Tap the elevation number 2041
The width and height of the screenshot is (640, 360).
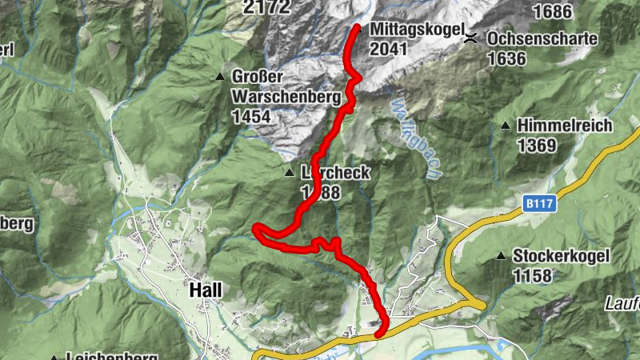389,50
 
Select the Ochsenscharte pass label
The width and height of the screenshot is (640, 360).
542,38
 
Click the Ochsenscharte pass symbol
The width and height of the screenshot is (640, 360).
473,38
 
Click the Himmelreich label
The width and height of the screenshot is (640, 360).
565,126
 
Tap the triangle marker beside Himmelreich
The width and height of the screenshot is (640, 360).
506,126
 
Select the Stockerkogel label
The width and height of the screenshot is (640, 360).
562,257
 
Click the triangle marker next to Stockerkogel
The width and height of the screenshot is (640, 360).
501,257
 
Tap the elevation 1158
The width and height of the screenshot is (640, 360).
534,277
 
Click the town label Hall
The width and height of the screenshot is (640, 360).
206,290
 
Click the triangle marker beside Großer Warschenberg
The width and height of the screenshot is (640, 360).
220,78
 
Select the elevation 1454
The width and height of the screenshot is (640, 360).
251,117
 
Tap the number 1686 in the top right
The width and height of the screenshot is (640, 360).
552,10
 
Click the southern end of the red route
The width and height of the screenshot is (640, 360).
378,334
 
